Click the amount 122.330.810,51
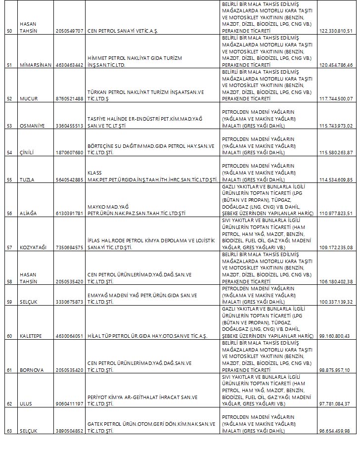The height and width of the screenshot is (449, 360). point(336,31)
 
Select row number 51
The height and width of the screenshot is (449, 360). point(9,65)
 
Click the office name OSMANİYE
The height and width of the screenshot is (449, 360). point(32,126)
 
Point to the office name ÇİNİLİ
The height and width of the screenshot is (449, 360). point(27,152)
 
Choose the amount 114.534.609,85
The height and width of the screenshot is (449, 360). point(336,179)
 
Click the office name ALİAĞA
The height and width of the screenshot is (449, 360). point(29,213)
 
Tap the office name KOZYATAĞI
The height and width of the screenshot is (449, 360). point(34,247)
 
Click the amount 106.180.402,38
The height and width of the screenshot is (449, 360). point(336,281)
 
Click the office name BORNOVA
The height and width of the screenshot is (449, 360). point(31,370)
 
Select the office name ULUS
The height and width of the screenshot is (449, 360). point(26,404)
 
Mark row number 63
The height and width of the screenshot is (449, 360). point(9,431)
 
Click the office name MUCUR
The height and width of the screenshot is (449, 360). point(29,98)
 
